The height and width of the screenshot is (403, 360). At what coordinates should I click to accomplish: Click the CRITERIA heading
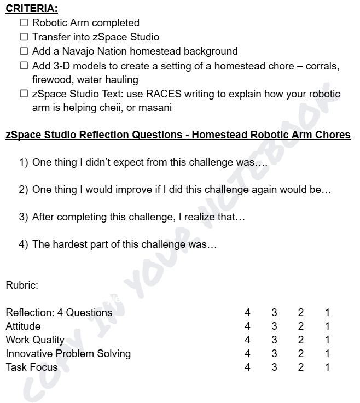click(32, 9)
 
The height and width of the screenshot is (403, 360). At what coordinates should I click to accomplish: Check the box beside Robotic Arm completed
click(24, 23)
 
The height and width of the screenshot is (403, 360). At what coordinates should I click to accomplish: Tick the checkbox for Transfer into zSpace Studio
click(24, 37)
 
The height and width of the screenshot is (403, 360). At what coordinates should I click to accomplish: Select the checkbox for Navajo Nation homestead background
click(24, 51)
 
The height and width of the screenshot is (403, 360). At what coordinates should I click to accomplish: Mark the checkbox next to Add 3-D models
click(24, 66)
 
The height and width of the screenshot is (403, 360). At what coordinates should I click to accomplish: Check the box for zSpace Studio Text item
click(24, 94)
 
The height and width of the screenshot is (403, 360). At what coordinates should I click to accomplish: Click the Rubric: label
click(22, 285)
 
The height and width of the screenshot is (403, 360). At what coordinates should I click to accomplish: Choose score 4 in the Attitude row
click(247, 326)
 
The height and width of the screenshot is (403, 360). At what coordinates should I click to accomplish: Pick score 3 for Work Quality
click(274, 340)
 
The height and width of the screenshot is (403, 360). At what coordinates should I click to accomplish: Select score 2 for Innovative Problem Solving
click(301, 354)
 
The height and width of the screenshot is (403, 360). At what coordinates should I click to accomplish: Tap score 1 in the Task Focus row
click(327, 367)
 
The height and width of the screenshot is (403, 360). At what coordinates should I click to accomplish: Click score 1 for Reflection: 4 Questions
click(327, 313)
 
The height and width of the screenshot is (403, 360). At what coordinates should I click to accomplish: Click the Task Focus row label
click(31, 367)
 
